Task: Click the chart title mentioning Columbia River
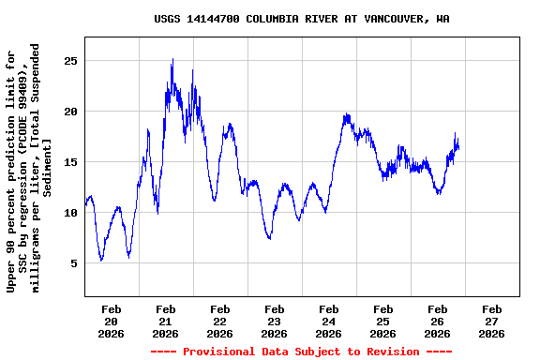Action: pyautogui.click(x=301, y=19)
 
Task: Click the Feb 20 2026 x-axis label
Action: pyautogui.click(x=111, y=321)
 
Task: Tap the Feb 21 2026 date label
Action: pyautogui.click(x=165, y=321)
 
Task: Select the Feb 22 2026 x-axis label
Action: pyautogui.click(x=219, y=321)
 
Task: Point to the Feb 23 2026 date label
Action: pyautogui.click(x=274, y=321)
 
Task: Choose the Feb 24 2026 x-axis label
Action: pyautogui.click(x=328, y=321)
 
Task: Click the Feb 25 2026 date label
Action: pyautogui.click(x=382, y=321)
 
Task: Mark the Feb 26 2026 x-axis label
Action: pyautogui.click(x=437, y=321)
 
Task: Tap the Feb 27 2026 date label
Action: pyautogui.click(x=491, y=321)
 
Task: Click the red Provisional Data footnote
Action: pyautogui.click(x=301, y=352)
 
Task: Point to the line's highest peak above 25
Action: pyautogui.click(x=172, y=59)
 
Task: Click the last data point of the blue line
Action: pyautogui.click(x=458, y=148)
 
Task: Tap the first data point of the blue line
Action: pyautogui.click(x=85, y=203)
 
